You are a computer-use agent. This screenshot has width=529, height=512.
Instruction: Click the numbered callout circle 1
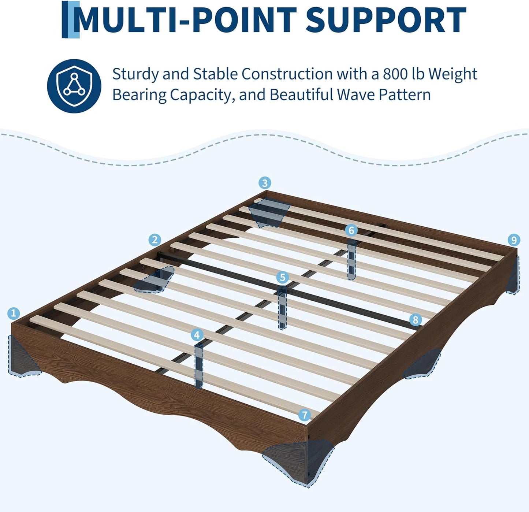[14, 313]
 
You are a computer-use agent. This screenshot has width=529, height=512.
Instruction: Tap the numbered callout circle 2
[155, 240]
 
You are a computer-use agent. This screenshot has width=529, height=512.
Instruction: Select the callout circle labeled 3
[265, 183]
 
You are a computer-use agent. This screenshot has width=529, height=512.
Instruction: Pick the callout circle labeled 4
[197, 335]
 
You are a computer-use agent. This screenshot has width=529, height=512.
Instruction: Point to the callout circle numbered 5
[283, 278]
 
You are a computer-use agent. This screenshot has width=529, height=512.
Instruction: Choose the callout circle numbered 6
[351, 231]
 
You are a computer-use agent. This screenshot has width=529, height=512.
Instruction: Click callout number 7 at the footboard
[305, 415]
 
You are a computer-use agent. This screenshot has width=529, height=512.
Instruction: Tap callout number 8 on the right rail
[416, 320]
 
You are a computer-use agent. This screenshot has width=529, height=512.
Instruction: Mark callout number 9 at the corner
[514, 240]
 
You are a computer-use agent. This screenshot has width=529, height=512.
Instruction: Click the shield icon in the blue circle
[74, 86]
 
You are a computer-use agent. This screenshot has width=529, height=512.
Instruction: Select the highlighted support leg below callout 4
[199, 366]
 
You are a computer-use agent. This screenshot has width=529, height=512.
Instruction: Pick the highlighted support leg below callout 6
[352, 260]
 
